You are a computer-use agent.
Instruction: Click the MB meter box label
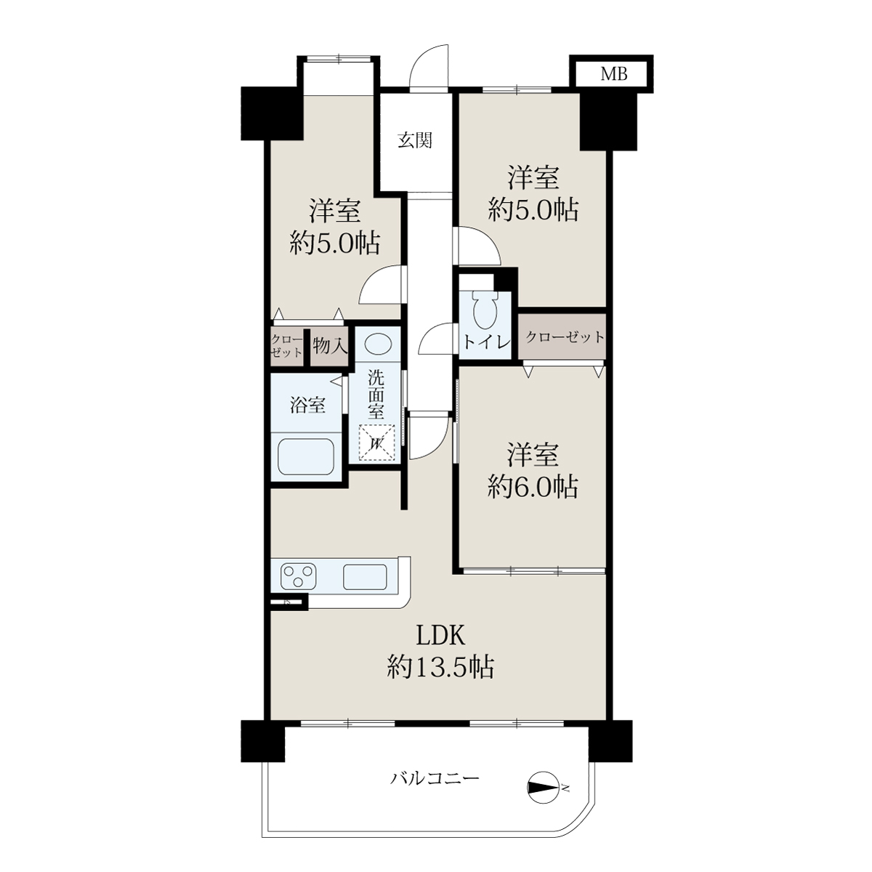613,74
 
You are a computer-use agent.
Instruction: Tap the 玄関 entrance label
415,140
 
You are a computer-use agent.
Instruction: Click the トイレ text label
485,342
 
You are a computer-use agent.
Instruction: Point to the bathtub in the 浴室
306,456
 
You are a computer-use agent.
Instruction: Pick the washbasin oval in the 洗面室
377,345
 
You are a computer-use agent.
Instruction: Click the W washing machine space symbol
377,443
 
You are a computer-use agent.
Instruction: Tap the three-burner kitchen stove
298,576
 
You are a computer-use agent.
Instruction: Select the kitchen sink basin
365,577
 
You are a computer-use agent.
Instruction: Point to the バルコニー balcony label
435,779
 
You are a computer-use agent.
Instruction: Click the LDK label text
440,636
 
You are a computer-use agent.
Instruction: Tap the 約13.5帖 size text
440,667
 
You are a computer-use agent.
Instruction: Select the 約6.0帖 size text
533,488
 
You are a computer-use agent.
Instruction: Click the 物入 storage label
330,347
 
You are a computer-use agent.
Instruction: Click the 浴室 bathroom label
307,405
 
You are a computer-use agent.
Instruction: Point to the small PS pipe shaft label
286,602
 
